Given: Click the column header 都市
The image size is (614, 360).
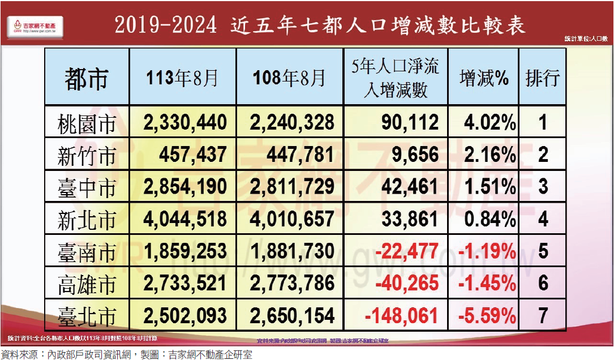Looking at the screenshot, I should tap(86, 77).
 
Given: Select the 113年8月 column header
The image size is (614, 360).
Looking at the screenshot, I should tap(182, 77).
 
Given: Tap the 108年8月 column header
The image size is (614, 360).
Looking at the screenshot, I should tap(289, 77).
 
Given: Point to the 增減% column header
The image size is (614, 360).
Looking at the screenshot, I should tap(484, 78).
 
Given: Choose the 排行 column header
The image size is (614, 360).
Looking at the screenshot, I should tap(542, 78).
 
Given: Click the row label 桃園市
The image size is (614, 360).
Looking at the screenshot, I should tap(86, 123).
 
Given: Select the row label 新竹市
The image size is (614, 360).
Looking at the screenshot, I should tap(86, 156).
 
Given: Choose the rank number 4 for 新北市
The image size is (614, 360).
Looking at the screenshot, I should tap(543, 218).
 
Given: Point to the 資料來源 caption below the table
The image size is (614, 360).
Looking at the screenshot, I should tap(127, 354).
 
